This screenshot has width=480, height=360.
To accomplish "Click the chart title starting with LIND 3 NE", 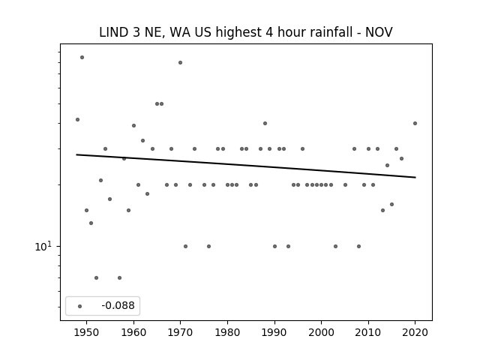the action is click(246, 32).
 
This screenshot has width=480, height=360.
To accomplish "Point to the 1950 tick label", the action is click(87, 332).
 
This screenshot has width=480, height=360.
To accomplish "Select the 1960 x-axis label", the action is click(133, 332).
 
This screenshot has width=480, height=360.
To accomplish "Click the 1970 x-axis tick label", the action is click(180, 332).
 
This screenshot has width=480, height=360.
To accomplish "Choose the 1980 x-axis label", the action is click(227, 332).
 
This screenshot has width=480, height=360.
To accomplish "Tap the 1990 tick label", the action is click(274, 332).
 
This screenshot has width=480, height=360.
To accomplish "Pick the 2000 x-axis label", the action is click(321, 332).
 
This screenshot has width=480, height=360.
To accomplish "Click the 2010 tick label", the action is click(368, 332).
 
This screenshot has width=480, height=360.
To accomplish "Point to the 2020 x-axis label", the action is click(415, 332).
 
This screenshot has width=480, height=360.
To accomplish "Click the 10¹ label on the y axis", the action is click(43, 246).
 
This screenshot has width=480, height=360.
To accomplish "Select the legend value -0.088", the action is click(118, 305).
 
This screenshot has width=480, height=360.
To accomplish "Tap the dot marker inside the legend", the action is click(80, 306).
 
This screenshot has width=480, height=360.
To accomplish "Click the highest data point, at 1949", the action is click(82, 57).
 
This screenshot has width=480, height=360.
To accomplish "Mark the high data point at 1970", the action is click(180, 62).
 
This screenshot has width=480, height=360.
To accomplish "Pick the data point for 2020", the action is click(415, 123).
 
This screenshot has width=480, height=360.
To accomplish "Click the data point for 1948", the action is click(77, 119).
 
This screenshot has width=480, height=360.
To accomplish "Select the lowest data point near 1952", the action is click(96, 277).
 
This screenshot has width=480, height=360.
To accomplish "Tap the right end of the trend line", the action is click(415, 177).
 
